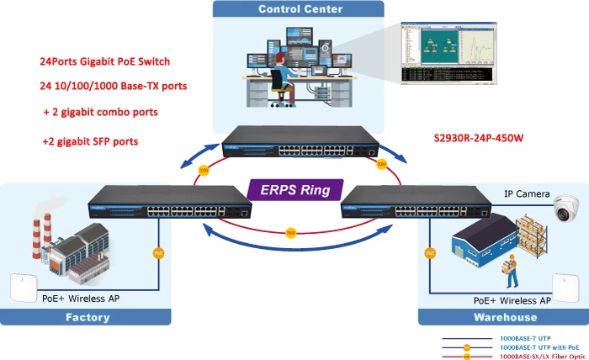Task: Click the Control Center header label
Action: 300,9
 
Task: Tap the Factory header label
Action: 88,317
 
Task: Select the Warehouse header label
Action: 505,317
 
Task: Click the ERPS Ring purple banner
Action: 294,188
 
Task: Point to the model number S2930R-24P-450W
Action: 476,136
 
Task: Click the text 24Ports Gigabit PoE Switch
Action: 104,61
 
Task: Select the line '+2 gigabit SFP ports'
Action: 90,141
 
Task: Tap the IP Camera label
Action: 527,193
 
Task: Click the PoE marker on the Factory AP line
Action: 157,252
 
